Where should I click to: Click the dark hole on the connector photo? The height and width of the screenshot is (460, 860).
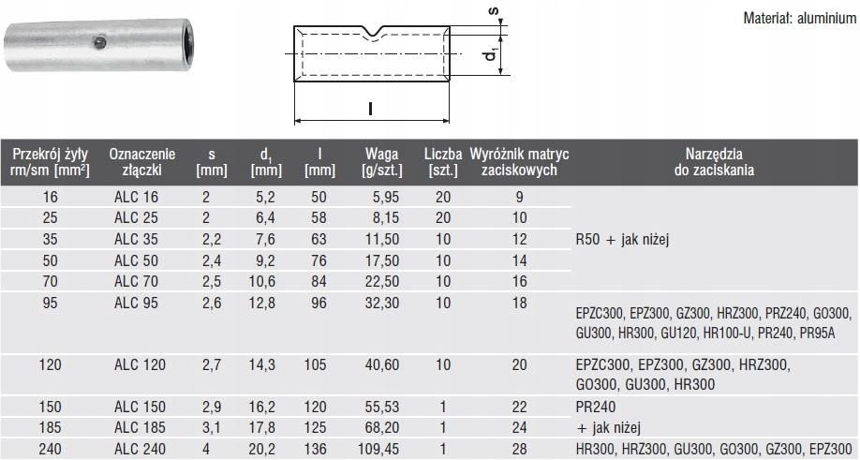coord(100,42)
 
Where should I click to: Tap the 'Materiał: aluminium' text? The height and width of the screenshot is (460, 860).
coord(800,18)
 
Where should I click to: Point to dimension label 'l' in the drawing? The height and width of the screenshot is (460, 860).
coord(371,108)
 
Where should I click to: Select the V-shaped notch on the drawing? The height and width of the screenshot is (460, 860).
coord(373,34)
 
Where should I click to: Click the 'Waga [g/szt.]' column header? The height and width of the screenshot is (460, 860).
coord(381,162)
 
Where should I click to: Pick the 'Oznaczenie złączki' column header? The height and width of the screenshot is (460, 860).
coord(142,162)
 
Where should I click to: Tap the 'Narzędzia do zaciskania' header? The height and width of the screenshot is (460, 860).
coord(714,162)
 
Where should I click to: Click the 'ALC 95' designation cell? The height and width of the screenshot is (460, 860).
coord(136,303)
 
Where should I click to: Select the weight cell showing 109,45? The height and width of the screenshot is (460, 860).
coord(378,449)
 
